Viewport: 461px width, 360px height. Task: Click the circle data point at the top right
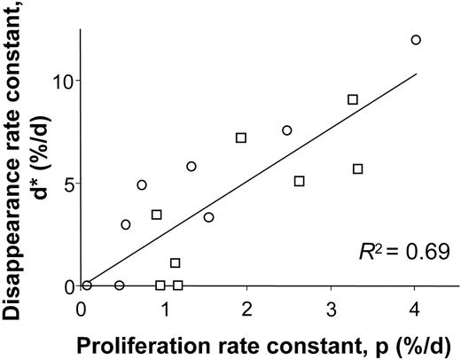point(416,40)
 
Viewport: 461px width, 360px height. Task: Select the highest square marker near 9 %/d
point(353,99)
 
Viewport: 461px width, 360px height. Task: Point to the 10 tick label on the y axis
point(62,81)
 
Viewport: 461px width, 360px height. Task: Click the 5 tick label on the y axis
point(67,184)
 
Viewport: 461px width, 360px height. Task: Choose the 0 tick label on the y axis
point(67,286)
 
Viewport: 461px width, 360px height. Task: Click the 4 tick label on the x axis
point(415,308)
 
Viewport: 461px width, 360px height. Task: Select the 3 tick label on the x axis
point(332,308)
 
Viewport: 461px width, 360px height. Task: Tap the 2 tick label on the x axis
point(247,308)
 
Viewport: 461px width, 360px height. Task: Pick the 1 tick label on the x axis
point(164,308)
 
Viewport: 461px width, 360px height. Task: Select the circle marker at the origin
point(86,285)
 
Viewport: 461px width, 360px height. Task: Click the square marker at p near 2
point(241,137)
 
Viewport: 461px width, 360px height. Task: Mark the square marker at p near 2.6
point(300,181)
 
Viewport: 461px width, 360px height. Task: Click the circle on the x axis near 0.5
point(120,285)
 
